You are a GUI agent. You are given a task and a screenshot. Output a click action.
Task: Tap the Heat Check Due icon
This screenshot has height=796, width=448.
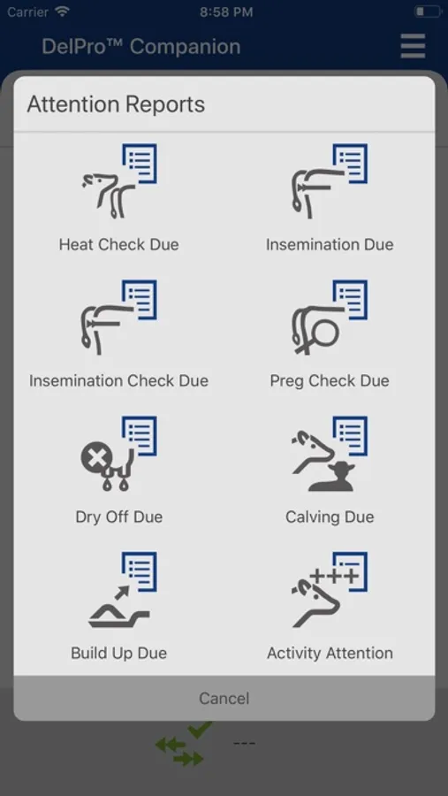coord(119,181)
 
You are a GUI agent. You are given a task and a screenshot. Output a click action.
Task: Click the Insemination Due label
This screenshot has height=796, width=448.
coord(330,244)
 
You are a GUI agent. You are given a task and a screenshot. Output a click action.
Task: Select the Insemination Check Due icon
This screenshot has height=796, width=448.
coord(119,318)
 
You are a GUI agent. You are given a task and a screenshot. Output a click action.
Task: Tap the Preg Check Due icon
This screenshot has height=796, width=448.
coord(330,318)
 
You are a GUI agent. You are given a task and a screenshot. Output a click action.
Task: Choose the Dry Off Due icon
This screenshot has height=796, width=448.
coord(119,454)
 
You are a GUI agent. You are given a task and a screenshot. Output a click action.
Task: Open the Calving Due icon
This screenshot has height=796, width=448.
coord(330,454)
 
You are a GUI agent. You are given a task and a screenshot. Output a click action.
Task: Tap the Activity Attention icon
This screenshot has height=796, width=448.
coord(330,590)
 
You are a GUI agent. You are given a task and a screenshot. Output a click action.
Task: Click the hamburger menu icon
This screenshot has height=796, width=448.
coord(413,46)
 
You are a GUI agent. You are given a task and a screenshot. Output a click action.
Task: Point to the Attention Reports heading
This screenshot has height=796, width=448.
coord(116,104)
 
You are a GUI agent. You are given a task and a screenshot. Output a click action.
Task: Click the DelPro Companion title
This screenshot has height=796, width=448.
coord(141,46)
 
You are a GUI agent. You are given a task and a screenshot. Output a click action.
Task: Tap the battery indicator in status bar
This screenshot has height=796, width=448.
coord(428,11)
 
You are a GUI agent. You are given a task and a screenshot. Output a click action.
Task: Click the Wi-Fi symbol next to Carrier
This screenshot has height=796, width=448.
coord(63,11)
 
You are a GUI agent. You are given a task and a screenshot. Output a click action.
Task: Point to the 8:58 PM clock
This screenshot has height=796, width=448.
coord(226,11)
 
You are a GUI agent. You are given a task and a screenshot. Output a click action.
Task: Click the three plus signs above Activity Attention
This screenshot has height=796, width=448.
coord(334,576)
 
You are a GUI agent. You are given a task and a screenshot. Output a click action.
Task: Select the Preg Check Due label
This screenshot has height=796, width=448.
coord(330,380)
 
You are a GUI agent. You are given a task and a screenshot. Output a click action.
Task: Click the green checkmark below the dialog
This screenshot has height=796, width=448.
coord(200,730)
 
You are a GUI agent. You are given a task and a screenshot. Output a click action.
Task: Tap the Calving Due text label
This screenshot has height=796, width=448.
coord(330,517)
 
